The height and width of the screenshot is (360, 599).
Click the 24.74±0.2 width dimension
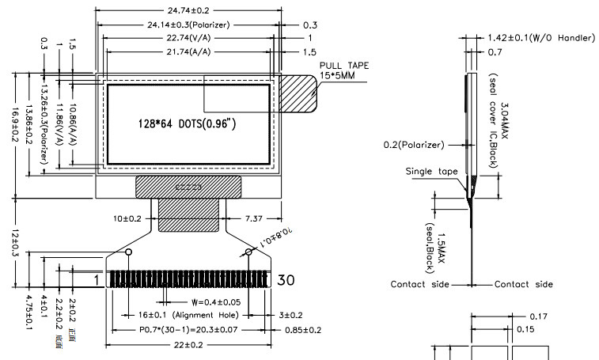coord(188,11)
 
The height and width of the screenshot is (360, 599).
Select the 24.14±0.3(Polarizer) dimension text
coord(188,25)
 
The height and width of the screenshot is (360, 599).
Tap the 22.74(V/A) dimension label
coord(188,38)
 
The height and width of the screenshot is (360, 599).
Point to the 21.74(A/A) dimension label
coord(188,51)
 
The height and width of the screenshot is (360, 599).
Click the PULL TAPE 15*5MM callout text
coord(344,70)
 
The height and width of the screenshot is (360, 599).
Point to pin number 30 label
coord(286,279)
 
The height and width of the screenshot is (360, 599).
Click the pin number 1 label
coord(97,279)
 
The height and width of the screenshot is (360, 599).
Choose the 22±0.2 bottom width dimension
coord(188,345)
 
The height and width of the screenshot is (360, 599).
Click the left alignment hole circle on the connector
coord(128,252)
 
